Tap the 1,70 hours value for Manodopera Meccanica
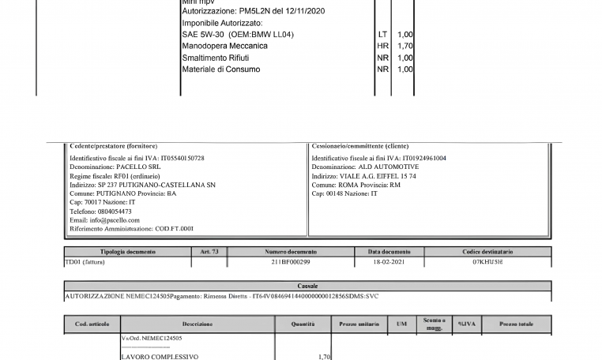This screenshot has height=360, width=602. (x=405, y=47)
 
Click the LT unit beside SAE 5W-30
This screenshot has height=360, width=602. (x=382, y=35)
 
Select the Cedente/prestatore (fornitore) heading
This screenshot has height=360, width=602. (x=114, y=147)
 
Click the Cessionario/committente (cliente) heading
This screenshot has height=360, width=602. (x=361, y=147)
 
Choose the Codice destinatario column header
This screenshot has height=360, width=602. (x=492, y=252)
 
